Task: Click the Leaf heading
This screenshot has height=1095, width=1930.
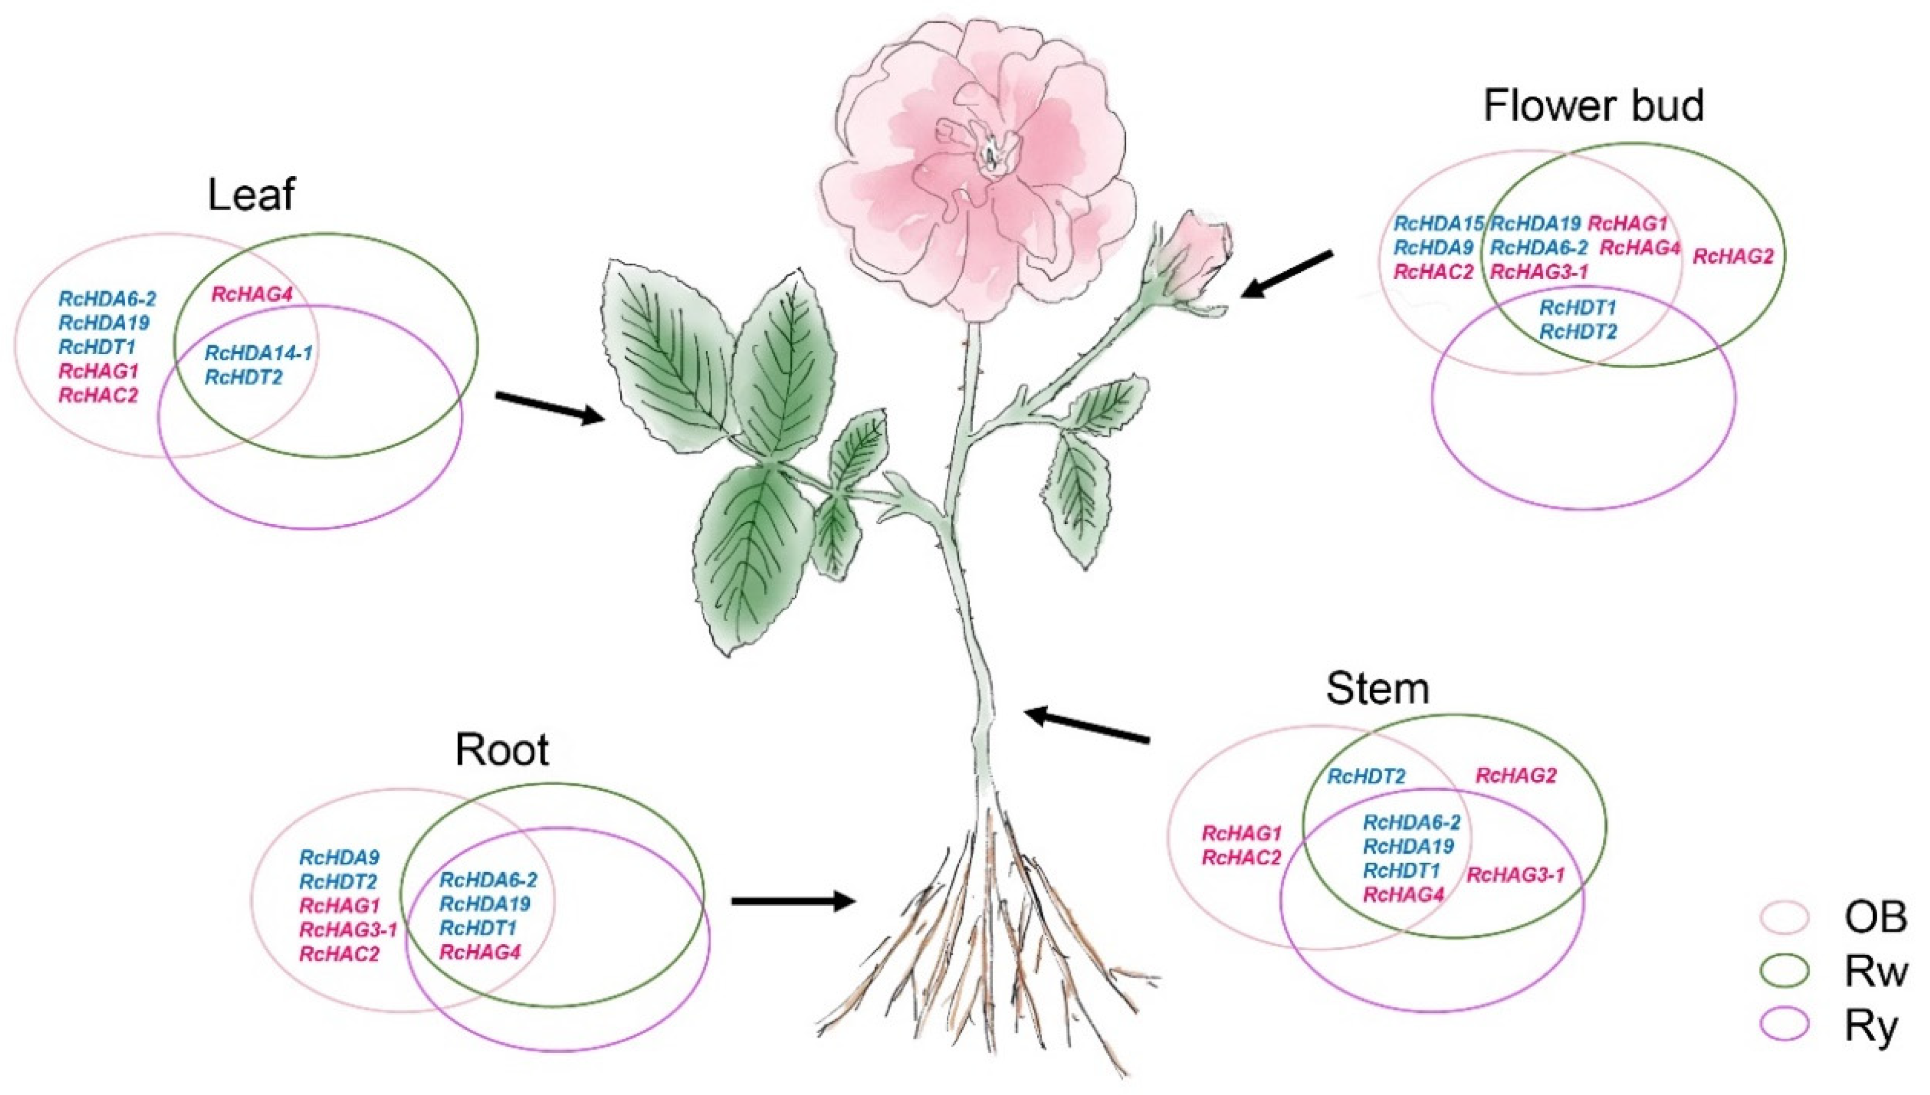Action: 251,195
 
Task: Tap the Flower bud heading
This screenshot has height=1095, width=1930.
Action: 1592,106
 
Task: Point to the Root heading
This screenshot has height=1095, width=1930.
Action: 502,750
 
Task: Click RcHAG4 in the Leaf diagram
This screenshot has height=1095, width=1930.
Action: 251,294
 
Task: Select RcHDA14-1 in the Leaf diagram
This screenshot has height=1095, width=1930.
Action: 259,352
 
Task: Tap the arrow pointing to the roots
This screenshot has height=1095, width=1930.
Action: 793,900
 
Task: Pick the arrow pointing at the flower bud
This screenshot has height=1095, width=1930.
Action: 1286,274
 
